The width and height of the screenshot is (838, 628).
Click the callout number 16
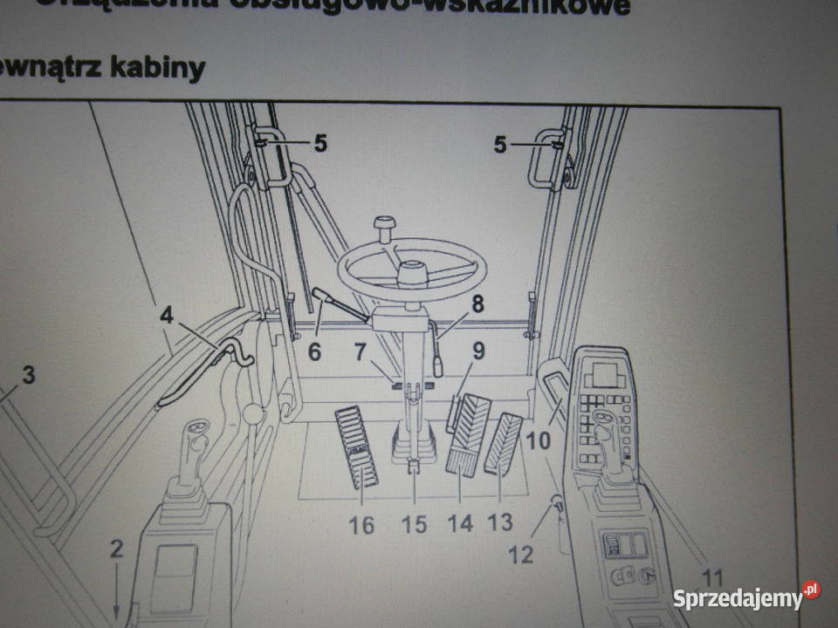pyautogui.click(x=361, y=525)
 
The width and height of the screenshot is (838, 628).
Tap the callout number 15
pyautogui.click(x=415, y=525)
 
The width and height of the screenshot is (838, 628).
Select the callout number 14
pyautogui.click(x=460, y=523)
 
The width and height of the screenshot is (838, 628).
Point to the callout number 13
pyautogui.click(x=500, y=522)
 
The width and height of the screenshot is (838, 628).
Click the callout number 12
pyautogui.click(x=521, y=554)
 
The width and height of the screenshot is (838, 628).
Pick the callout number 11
pyautogui.click(x=713, y=577)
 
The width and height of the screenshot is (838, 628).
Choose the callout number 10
pyautogui.click(x=539, y=440)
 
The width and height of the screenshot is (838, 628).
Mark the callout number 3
pyautogui.click(x=28, y=376)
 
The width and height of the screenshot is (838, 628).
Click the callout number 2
pyautogui.click(x=117, y=549)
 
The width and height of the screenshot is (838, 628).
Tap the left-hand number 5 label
pyautogui.click(x=320, y=144)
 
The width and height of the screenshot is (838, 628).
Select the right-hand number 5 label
pyautogui.click(x=500, y=145)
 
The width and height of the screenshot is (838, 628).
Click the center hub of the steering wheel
pyautogui.click(x=412, y=275)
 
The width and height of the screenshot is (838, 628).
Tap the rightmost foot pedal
pyautogui.click(x=504, y=444)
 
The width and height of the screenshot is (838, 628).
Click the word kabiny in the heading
pyautogui.click(x=159, y=67)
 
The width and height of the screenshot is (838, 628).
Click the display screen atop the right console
pyautogui.click(x=608, y=376)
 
